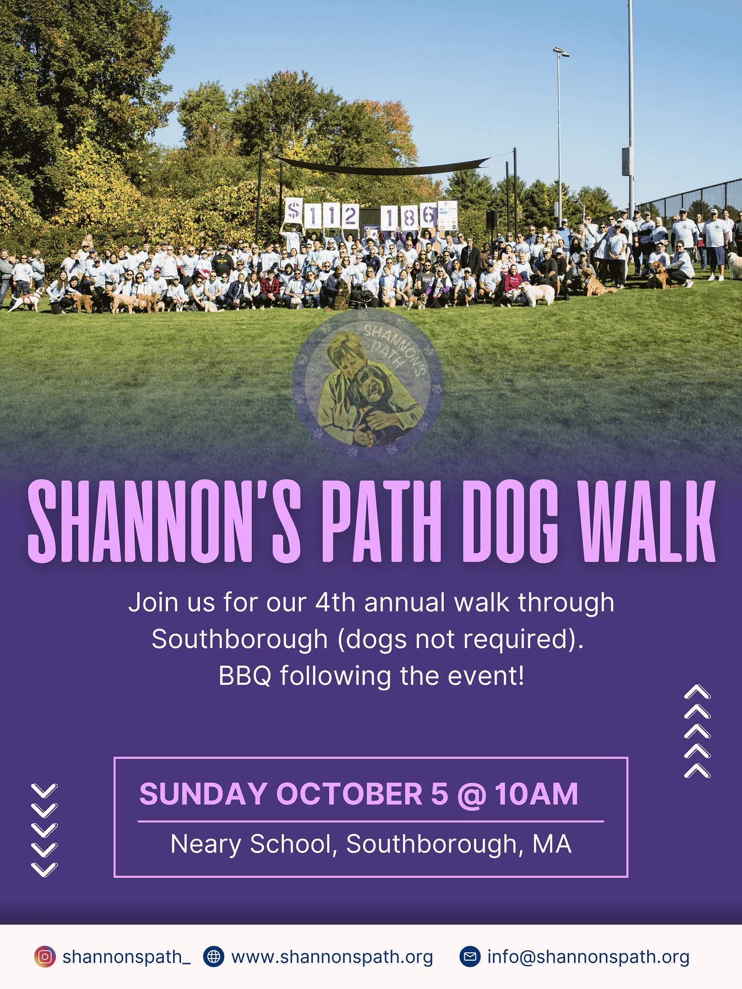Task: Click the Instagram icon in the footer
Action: [x=44, y=957]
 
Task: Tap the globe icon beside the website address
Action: [x=213, y=957]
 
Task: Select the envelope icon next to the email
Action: [x=469, y=957]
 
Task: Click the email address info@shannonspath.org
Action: [x=588, y=957]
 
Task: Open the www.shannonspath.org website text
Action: [x=332, y=957]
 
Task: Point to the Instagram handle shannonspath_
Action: [x=126, y=957]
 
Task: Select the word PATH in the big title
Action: [x=382, y=522]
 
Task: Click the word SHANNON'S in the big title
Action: [x=164, y=522]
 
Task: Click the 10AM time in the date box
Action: [x=536, y=794]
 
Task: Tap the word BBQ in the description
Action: [x=245, y=676]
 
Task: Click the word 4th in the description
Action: [x=335, y=602]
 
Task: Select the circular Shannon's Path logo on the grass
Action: [x=368, y=384]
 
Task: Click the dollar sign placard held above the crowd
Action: [x=294, y=212]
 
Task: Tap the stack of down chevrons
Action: [x=44, y=830]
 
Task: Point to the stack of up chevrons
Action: [x=697, y=731]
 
